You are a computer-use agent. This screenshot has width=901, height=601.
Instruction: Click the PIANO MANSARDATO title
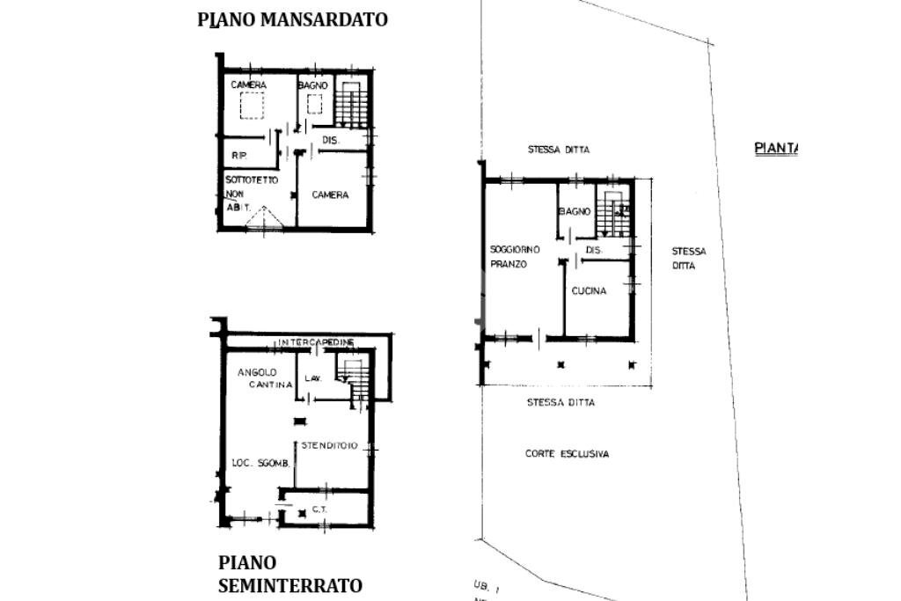pyautogui.click(x=292, y=19)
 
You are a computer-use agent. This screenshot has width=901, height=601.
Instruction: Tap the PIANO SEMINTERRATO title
pyautogui.click(x=289, y=574)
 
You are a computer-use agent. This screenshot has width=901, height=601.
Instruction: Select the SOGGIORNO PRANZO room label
pyautogui.click(x=515, y=257)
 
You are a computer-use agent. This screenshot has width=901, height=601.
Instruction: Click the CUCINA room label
pyautogui.click(x=589, y=291)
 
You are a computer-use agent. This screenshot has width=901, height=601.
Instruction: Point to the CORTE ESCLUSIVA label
pyautogui.click(x=567, y=454)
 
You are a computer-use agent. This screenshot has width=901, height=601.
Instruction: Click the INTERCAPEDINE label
pyautogui.click(x=317, y=341)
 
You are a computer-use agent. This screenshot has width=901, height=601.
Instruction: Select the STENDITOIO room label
pyautogui.click(x=329, y=446)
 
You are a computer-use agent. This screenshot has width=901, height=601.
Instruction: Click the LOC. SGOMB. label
pyautogui.click(x=260, y=464)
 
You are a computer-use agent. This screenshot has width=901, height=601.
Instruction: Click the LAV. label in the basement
pyautogui.click(x=313, y=378)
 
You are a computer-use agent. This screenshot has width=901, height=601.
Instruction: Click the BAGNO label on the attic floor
pyautogui.click(x=312, y=85)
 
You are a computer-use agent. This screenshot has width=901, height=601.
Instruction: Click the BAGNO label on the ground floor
pyautogui.click(x=575, y=212)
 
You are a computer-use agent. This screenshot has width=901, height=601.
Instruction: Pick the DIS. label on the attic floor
pyautogui.click(x=331, y=141)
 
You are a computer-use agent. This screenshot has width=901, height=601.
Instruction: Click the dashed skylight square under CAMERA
pyautogui.click(x=253, y=106)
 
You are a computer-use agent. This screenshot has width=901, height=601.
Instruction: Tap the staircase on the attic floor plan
pyautogui.click(x=351, y=106)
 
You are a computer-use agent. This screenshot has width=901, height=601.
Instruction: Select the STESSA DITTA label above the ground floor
pyautogui.click(x=559, y=150)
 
